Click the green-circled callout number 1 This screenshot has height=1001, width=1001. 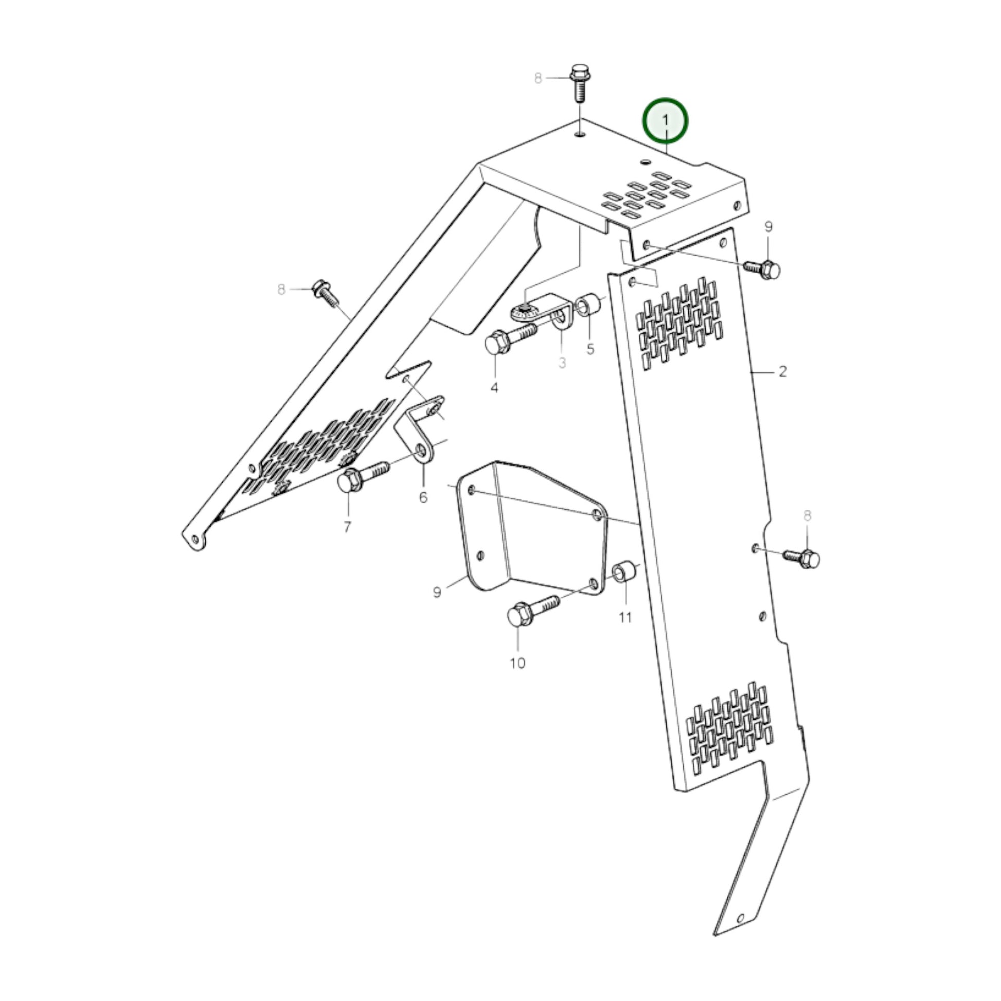tap(666, 120)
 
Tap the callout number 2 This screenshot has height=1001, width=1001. tap(782, 371)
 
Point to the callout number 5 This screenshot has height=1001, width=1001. tap(591, 349)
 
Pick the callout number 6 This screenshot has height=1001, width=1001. tap(423, 497)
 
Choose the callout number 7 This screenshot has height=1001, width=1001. tap(347, 527)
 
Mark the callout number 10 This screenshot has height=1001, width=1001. tap(517, 663)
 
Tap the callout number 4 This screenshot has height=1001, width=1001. tap(494, 387)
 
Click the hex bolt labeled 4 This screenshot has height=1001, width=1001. tap(513, 339)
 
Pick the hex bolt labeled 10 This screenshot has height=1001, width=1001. tap(533, 610)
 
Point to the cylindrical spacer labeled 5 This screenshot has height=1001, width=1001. tap(589, 307)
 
